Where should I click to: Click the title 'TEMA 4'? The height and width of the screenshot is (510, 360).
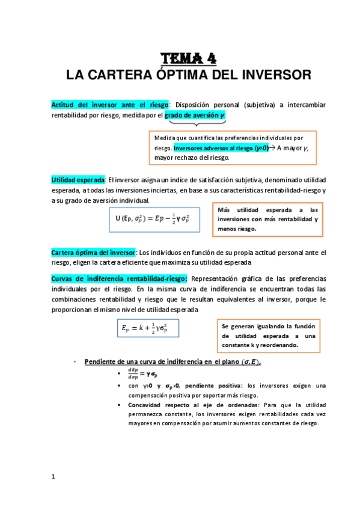pyautogui.click(x=188, y=58)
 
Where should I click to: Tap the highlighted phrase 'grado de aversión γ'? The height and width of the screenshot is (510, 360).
pyautogui.click(x=195, y=115)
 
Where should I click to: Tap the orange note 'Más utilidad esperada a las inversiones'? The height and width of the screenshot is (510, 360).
pyautogui.click(x=267, y=219)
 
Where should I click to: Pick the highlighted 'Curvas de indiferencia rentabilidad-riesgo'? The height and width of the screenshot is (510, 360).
pyautogui.click(x=120, y=278)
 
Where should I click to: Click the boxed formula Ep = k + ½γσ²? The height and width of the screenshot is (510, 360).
pyautogui.click(x=148, y=328)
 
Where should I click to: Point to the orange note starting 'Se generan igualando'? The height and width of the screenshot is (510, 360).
pyautogui.click(x=268, y=335)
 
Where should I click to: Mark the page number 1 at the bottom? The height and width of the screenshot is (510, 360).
pyautogui.click(x=53, y=477)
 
